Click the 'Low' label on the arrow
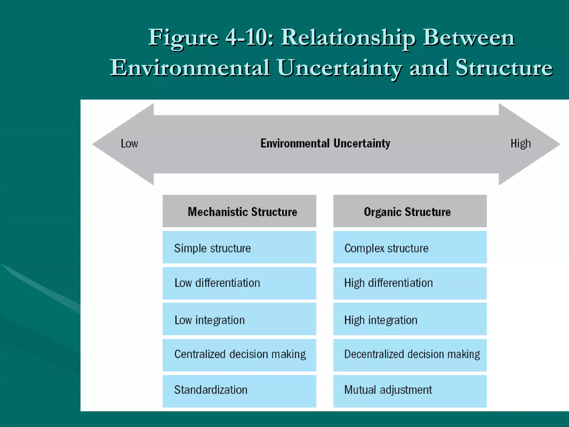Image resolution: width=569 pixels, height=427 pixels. [129, 143]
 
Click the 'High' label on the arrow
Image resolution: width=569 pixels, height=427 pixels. [521, 143]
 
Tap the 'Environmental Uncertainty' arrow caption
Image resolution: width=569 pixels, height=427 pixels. [325, 143]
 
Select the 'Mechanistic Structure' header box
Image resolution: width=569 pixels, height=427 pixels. [239, 211]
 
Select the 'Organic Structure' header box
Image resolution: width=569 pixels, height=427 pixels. [410, 211]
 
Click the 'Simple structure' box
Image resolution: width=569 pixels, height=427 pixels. [239, 247]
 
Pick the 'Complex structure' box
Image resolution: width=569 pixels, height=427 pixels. [410, 247]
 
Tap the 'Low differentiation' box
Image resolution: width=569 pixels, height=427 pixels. [239, 283]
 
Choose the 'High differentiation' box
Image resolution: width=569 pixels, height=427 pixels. [410, 283]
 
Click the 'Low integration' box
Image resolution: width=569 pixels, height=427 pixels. [239, 319]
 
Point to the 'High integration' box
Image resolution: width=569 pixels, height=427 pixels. [410, 319]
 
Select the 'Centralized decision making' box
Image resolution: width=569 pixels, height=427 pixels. [239, 355]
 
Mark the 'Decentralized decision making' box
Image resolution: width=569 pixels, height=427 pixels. [410, 355]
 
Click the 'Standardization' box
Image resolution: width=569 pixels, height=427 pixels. [239, 391]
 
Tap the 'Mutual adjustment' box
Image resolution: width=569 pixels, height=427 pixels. [410, 391]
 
